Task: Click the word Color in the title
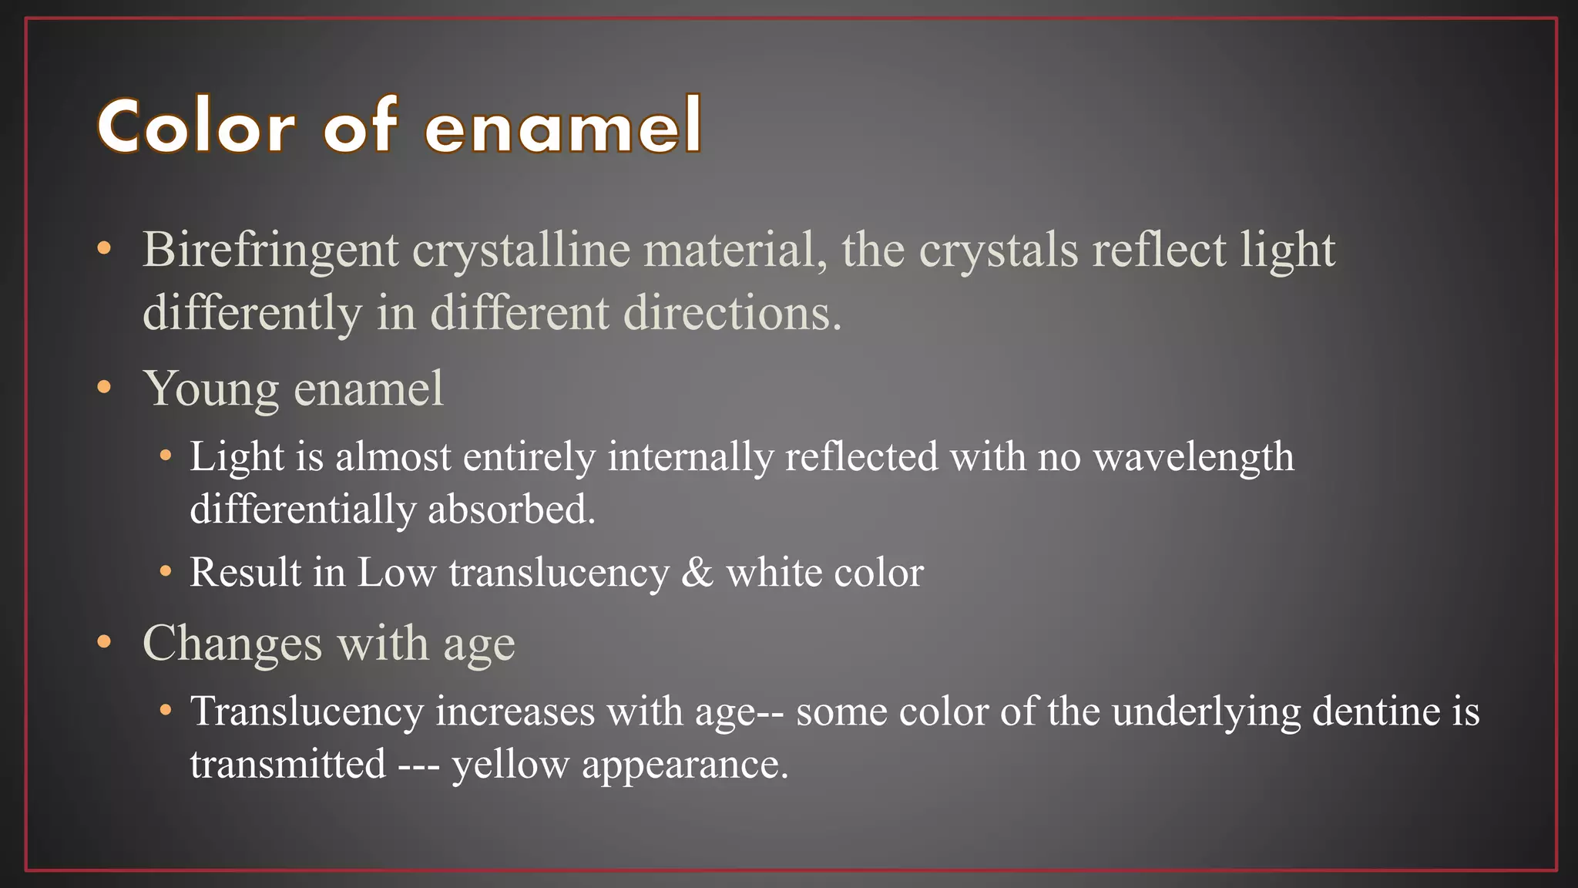(196, 126)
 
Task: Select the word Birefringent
(270, 251)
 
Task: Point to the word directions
(732, 313)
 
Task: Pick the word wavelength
(1194, 456)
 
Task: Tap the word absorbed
(512, 510)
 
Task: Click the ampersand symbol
(697, 573)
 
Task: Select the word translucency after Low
(559, 573)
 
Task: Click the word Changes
(232, 643)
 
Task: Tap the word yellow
(510, 765)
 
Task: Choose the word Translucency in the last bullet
(307, 711)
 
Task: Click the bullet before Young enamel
(105, 388)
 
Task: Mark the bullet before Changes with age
(105, 642)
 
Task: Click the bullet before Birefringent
(105, 250)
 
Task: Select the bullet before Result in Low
(165, 572)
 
